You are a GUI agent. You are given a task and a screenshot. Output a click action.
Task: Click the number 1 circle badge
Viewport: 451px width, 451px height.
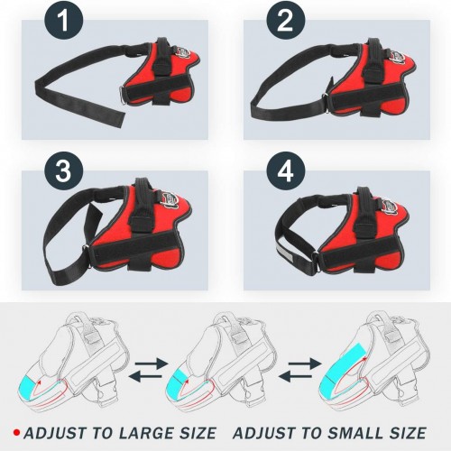pyautogui.click(x=63, y=21)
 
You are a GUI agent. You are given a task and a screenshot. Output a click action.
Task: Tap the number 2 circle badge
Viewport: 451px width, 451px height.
pyautogui.click(x=286, y=21)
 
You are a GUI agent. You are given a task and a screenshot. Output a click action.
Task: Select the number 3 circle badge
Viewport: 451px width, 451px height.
pyautogui.click(x=63, y=171)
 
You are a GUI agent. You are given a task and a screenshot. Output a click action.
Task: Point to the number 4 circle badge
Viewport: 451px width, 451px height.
pyautogui.click(x=286, y=171)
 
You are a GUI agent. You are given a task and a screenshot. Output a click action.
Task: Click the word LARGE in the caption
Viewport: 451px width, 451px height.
pyautogui.click(x=145, y=433)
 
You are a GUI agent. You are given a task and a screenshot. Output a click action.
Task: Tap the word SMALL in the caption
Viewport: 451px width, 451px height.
pyautogui.click(x=354, y=433)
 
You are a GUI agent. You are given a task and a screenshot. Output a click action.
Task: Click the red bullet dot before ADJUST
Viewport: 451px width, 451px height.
pyautogui.click(x=17, y=433)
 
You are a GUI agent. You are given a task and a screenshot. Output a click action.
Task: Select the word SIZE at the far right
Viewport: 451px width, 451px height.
pyautogui.click(x=406, y=433)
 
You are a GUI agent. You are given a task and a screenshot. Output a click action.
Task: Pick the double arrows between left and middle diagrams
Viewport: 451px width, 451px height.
pyautogui.click(x=148, y=370)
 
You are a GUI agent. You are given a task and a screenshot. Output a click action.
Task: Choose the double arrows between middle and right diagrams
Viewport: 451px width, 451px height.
pyautogui.click(x=300, y=370)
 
